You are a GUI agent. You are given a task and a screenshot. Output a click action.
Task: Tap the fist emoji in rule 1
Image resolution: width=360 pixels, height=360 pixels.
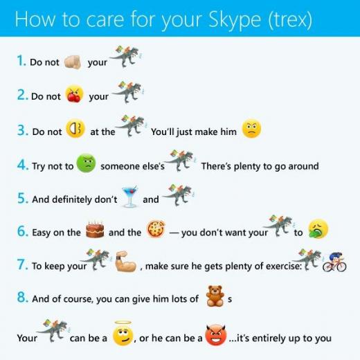pos(73,62)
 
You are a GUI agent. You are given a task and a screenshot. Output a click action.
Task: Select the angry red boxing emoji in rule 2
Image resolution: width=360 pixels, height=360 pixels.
pos(74,93)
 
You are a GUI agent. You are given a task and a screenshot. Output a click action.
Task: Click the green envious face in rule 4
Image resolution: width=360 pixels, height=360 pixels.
pos(86,163)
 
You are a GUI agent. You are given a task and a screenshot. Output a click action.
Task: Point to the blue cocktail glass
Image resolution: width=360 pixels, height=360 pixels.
pos(130,197)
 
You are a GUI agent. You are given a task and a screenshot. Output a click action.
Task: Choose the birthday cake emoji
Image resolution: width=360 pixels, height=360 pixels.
pos(95,229)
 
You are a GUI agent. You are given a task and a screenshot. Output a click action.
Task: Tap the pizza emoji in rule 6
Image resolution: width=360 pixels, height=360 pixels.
pos(156,229)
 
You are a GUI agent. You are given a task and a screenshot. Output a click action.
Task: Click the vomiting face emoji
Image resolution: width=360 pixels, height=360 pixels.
pos(318,229)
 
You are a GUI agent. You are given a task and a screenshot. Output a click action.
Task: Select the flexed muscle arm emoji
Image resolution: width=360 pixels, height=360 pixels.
pos(125,262)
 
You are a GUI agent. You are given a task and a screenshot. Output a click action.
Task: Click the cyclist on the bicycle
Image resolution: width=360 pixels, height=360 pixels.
pos(334,262)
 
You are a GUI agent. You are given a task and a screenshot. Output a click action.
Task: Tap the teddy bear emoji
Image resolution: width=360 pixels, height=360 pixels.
pos(215,296)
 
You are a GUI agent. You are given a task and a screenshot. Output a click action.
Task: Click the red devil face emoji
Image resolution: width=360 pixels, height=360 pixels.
pos(216,334)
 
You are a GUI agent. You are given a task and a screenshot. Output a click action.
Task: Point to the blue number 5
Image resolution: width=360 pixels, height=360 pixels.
pos(22,198)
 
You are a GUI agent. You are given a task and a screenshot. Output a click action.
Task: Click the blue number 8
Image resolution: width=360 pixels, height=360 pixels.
pos(22,297)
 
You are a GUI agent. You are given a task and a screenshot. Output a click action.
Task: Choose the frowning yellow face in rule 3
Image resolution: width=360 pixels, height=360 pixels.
pos(251,129)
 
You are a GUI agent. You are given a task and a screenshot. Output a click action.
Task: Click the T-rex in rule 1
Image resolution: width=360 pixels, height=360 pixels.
pos(126,56)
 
